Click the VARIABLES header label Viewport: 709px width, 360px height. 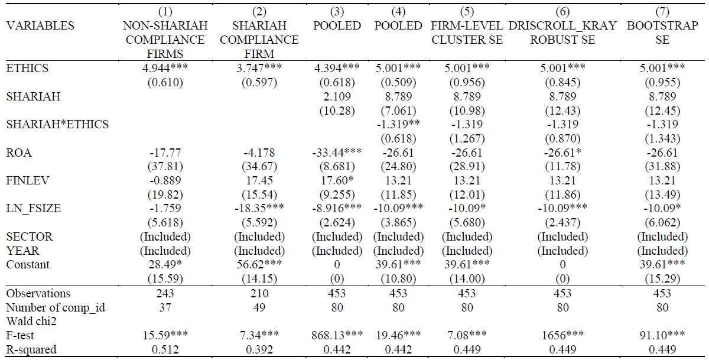point(40,25)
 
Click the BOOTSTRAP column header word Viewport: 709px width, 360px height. point(662,25)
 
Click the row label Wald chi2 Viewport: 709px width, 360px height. point(31,322)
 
